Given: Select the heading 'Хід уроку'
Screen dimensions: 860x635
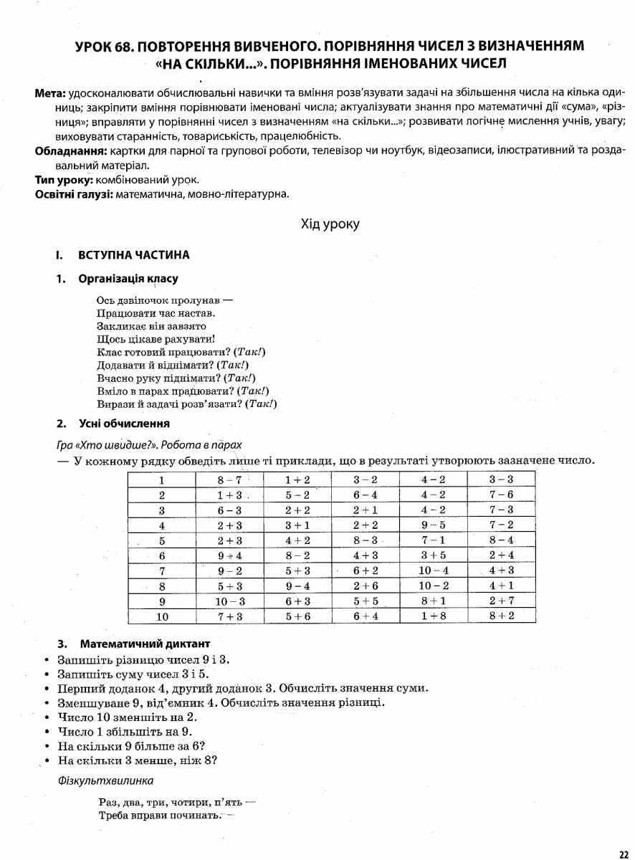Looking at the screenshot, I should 330,224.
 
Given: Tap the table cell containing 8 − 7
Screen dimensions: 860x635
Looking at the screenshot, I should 229,479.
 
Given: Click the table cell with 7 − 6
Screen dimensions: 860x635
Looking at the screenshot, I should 501,494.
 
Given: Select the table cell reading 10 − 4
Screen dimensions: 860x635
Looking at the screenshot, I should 434,570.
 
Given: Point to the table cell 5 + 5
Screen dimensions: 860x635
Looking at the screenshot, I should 366,601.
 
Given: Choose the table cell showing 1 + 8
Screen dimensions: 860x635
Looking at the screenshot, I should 434,616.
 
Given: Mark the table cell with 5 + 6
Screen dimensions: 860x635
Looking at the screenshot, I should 297,616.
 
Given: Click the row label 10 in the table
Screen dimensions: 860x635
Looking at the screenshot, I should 162,616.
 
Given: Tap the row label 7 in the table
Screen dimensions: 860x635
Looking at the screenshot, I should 162,570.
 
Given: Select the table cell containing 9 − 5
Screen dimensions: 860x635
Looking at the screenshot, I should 434,525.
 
